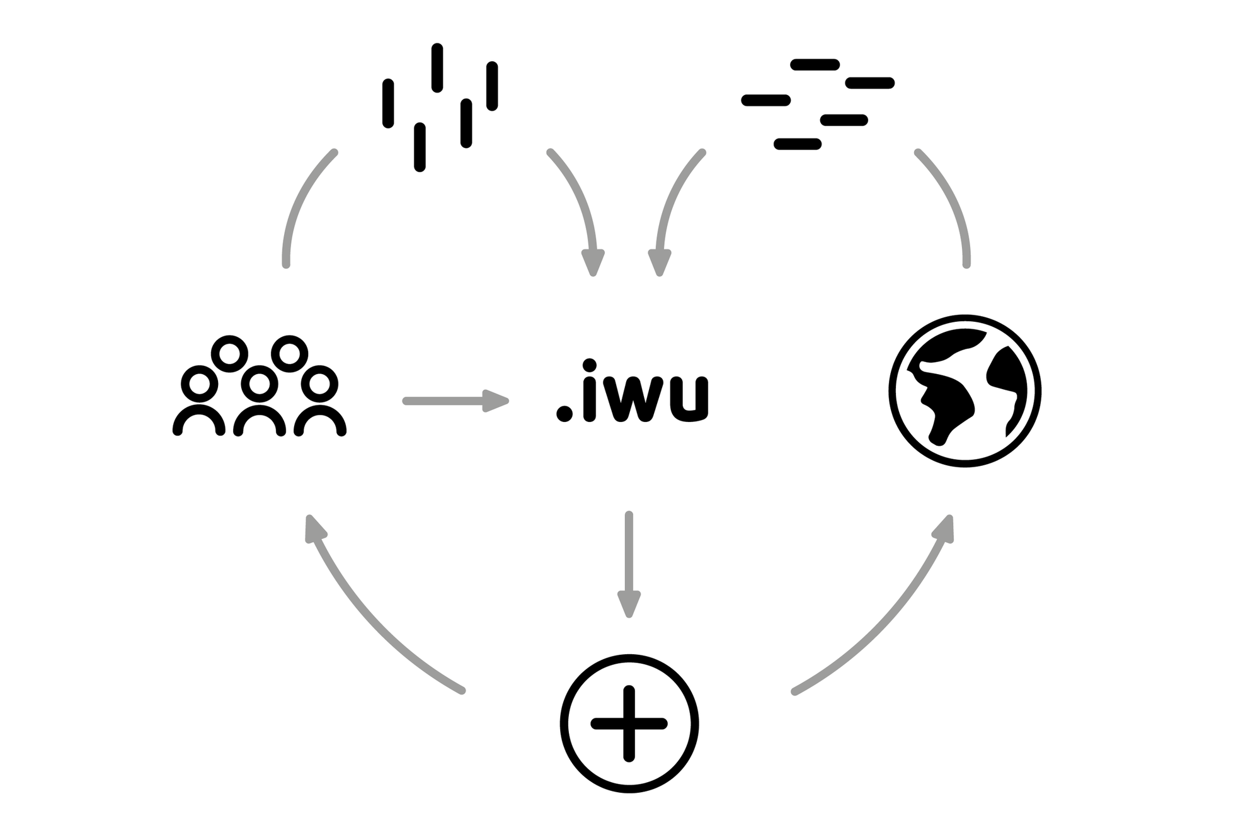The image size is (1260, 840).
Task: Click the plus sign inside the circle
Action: pos(629,724)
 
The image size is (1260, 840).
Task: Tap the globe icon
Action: pos(965,391)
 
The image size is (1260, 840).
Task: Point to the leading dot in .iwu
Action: pos(564,413)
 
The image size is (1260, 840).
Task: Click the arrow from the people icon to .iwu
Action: pos(456,400)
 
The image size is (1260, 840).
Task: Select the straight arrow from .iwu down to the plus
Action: pos(629,564)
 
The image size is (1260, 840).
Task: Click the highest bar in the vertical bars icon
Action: pos(437,67)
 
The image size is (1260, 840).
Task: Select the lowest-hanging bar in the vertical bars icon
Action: pos(420,147)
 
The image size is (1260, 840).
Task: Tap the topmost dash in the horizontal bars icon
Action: pos(815,64)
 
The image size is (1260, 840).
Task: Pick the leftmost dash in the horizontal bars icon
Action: pos(766,100)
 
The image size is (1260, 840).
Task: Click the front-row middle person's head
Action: pos(260,383)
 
